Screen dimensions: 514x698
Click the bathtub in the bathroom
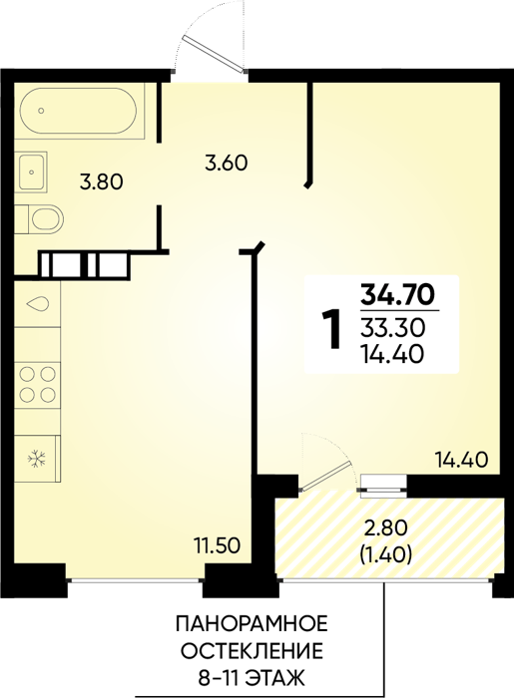[80, 111]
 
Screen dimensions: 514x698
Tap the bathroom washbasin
[31, 172]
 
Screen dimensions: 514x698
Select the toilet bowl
[39, 219]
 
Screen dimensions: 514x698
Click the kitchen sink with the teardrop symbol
[37, 304]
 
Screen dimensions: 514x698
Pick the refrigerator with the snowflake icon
[37, 459]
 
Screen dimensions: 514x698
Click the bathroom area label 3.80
[101, 182]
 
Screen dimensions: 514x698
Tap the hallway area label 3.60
[226, 163]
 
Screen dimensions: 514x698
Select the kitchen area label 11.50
[218, 545]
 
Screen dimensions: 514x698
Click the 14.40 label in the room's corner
[461, 460]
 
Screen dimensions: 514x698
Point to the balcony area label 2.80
[385, 529]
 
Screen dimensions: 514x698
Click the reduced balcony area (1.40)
[385, 554]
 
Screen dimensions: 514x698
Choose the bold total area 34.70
[397, 293]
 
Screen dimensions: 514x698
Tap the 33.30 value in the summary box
[393, 328]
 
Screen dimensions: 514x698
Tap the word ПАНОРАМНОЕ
[252, 624]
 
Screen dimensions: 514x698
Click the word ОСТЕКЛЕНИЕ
[253, 651]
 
